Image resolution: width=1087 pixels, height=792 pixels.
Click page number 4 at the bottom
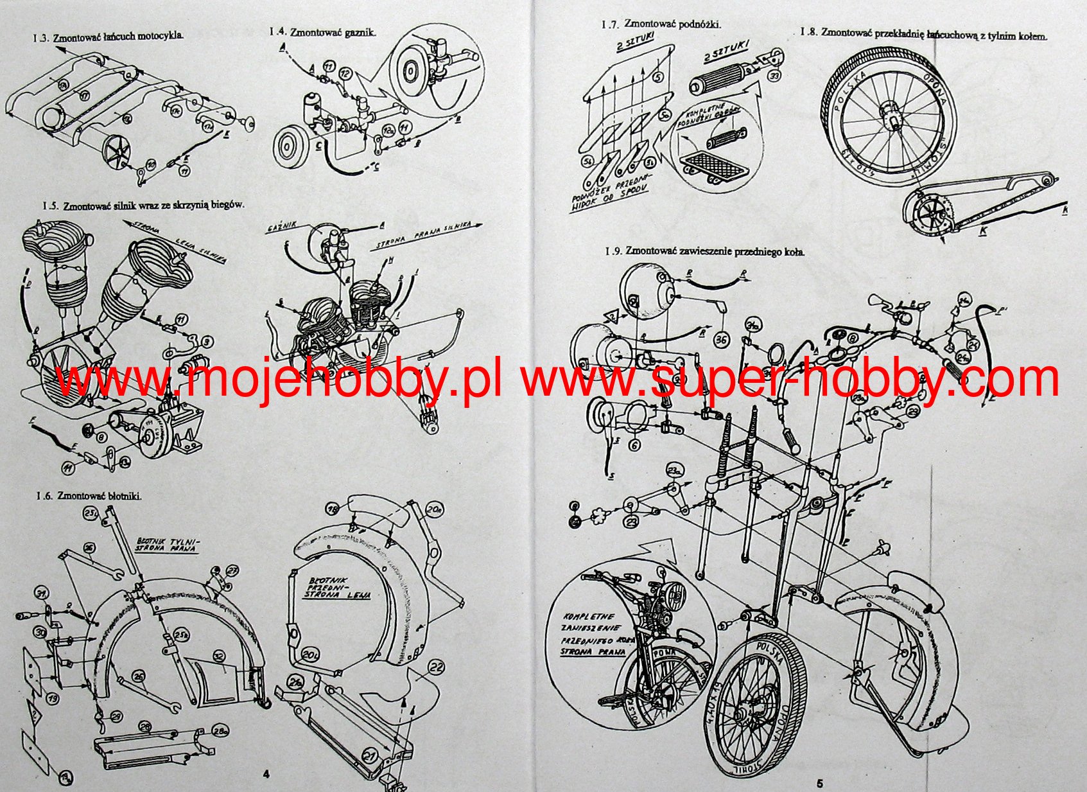point(266,774)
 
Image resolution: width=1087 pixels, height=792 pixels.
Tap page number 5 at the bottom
point(819,783)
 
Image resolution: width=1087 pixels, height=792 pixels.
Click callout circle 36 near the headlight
point(721,339)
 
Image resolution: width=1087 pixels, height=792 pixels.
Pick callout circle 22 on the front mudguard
point(437,666)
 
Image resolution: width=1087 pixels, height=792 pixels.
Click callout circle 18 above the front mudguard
point(333,509)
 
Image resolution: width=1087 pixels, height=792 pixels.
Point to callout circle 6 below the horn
point(635,445)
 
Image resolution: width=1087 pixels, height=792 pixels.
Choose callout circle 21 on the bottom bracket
point(370,755)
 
